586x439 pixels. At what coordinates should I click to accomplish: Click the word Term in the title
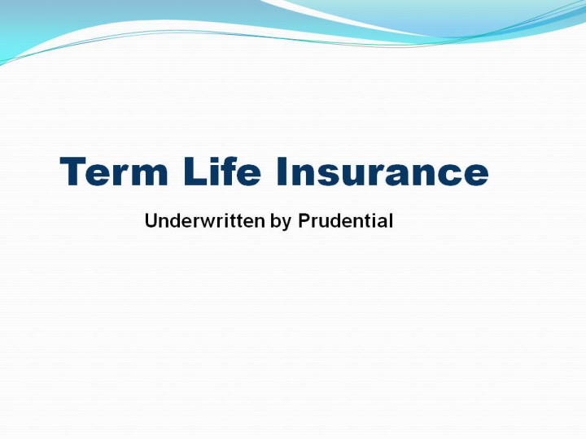pos(114,172)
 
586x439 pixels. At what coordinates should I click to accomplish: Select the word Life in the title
pos(222,171)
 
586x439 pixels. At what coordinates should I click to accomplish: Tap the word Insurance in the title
pos(383,172)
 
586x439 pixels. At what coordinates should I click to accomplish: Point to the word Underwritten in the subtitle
pos(205,220)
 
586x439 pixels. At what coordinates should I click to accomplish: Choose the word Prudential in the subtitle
pos(345,220)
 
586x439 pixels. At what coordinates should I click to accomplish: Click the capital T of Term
pos(72,172)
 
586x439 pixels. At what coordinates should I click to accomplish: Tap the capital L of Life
pos(195,172)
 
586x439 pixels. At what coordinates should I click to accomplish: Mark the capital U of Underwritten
pos(151,220)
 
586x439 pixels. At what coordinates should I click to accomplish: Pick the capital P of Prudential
pos(304,220)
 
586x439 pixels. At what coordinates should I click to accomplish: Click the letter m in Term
pos(151,175)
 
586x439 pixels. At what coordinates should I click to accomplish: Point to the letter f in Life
pos(230,171)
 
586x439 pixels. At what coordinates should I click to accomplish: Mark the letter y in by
pos(286,224)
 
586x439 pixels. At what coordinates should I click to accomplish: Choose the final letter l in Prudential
pos(391,220)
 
